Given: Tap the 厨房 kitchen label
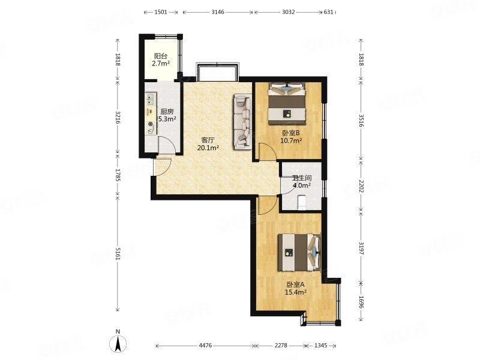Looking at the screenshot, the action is click(x=167, y=112).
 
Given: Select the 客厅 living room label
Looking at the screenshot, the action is click(x=208, y=140).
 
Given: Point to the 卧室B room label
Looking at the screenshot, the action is click(x=291, y=133).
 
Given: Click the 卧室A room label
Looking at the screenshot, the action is click(x=296, y=284).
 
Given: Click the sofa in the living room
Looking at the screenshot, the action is click(x=243, y=122).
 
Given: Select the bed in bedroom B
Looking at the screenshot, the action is click(x=287, y=104).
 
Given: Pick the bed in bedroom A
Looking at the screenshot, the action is click(x=299, y=253).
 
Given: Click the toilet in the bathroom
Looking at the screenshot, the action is click(x=302, y=202).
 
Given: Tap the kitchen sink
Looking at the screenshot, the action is click(x=151, y=98).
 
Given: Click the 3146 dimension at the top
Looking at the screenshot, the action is click(x=218, y=12).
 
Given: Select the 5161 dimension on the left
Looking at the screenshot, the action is click(x=118, y=253).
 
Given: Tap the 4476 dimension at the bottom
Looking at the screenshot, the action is click(x=205, y=346).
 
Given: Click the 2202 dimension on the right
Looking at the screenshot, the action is click(x=361, y=186).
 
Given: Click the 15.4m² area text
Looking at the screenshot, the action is click(x=296, y=292).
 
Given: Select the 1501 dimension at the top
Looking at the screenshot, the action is click(x=161, y=12).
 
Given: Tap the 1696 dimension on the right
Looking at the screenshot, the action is click(x=361, y=302).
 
